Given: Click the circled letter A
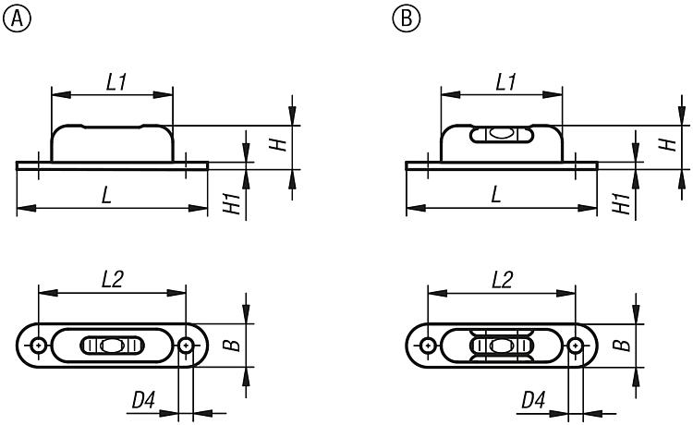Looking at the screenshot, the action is click(18, 19).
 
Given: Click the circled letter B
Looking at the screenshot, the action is click(407, 19).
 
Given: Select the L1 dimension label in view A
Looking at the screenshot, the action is click(116, 82).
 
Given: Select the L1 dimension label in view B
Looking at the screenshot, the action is click(506, 82).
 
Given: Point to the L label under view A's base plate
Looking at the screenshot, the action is click(106, 194).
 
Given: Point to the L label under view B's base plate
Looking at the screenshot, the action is click(496, 194).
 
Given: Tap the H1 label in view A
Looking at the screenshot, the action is click(232, 203).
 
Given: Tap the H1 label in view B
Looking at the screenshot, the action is click(622, 203).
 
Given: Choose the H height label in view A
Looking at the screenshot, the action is click(278, 144).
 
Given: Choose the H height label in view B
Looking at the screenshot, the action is click(668, 144).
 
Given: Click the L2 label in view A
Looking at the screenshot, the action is click(113, 280).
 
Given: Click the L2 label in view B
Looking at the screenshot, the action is click(503, 280).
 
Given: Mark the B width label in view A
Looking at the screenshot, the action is click(232, 345).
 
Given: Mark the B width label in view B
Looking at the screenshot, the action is click(622, 345).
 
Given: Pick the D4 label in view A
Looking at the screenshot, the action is click(143, 401).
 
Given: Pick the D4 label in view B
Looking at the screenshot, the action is click(533, 401).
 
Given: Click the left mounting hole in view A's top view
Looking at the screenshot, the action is click(39, 345).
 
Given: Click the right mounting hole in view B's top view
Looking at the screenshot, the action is click(576, 345).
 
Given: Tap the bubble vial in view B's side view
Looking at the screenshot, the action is click(502, 134).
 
